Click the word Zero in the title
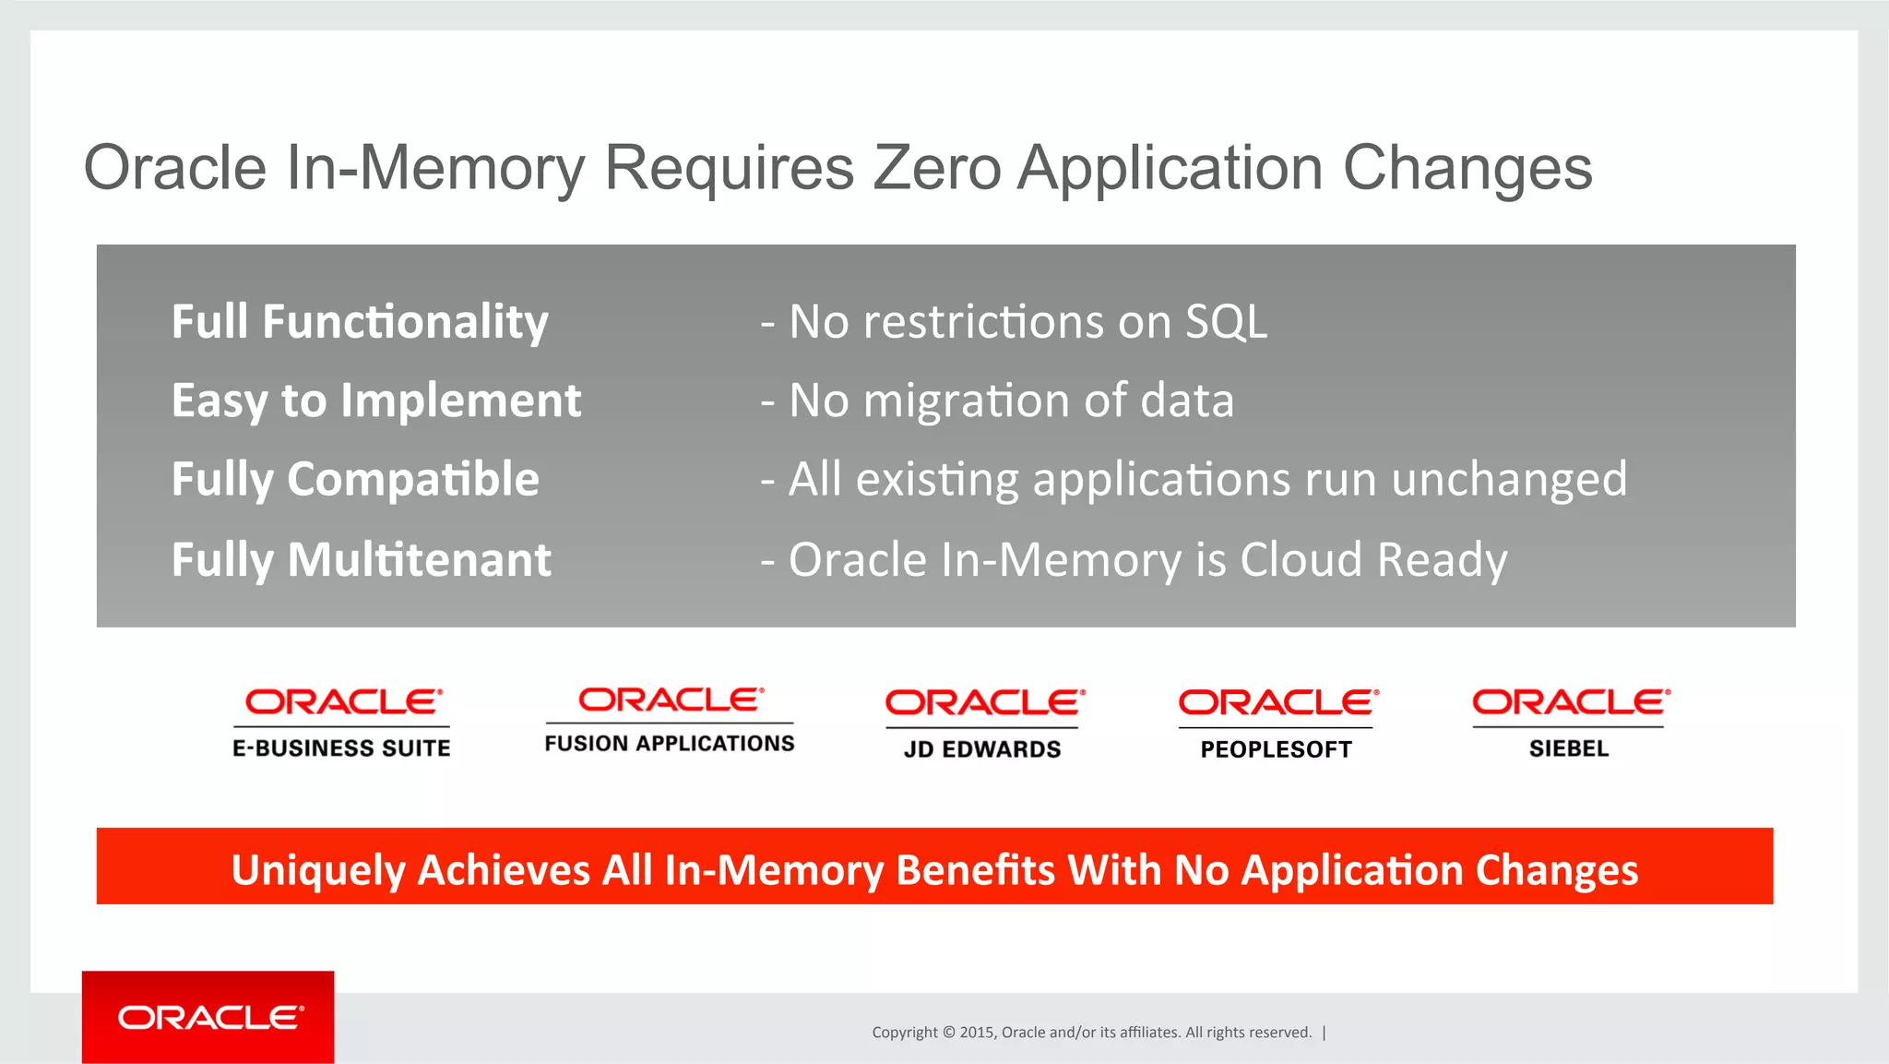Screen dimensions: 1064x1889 pyautogui.click(x=936, y=168)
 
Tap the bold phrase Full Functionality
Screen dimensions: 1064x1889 pyautogui.click(x=360, y=322)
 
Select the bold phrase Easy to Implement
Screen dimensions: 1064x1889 pyautogui.click(x=376, y=400)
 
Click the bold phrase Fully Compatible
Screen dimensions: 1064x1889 pyautogui.click(x=355, y=480)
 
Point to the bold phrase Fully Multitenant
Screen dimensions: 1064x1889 pyautogui.click(x=361, y=560)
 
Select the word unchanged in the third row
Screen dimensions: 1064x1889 pyautogui.click(x=1509, y=480)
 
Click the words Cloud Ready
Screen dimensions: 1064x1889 pyautogui.click(x=1373, y=560)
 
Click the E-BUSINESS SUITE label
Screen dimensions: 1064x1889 pyautogui.click(x=341, y=748)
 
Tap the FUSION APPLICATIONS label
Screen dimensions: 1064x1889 pyautogui.click(x=669, y=744)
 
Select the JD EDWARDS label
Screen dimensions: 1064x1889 pyautogui.click(x=982, y=749)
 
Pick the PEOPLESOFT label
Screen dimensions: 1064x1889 pyautogui.click(x=1276, y=749)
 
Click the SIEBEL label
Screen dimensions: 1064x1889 pyautogui.click(x=1568, y=748)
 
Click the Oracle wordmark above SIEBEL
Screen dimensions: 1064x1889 pyautogui.click(x=1570, y=703)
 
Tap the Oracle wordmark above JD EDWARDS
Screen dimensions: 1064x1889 pyautogui.click(x=984, y=703)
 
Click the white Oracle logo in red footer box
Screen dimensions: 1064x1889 pyautogui.click(x=209, y=1018)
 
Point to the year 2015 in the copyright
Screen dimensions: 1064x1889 pyautogui.click(x=976, y=1033)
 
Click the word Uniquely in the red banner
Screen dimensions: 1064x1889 pyautogui.click(x=318, y=870)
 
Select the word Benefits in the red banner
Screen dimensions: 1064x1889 pyautogui.click(x=975, y=870)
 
